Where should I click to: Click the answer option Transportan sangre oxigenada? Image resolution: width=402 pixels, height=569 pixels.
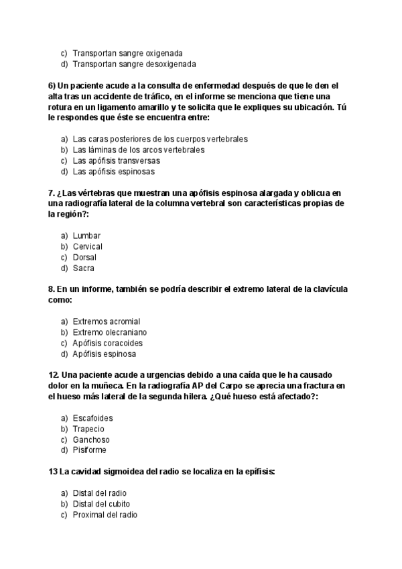128,52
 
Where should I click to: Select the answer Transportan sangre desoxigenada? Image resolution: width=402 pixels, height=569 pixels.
134,64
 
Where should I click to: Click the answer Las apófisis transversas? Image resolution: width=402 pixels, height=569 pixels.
116,161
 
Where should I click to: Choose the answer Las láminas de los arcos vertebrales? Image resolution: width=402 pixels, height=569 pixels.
139,150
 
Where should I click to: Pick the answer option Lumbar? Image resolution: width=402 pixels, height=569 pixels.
87,236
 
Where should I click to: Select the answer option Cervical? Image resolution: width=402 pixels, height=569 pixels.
88,247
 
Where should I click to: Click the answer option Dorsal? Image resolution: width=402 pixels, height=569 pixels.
84,258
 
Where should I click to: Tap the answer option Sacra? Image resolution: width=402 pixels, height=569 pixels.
84,268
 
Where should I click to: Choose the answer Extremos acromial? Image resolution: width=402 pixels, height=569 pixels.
107,321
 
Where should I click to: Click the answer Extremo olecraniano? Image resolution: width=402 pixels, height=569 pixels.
110,332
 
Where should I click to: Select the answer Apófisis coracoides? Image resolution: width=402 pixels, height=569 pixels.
108,343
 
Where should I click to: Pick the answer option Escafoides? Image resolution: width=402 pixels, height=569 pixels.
92,418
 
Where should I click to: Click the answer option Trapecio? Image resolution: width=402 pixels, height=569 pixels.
88,429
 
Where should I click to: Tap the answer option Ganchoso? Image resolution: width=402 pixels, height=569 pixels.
91,439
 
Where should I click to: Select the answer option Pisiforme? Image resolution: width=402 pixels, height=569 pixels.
90,450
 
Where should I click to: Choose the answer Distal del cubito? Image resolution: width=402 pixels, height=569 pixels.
101,504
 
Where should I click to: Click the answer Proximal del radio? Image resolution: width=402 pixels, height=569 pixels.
105,515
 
